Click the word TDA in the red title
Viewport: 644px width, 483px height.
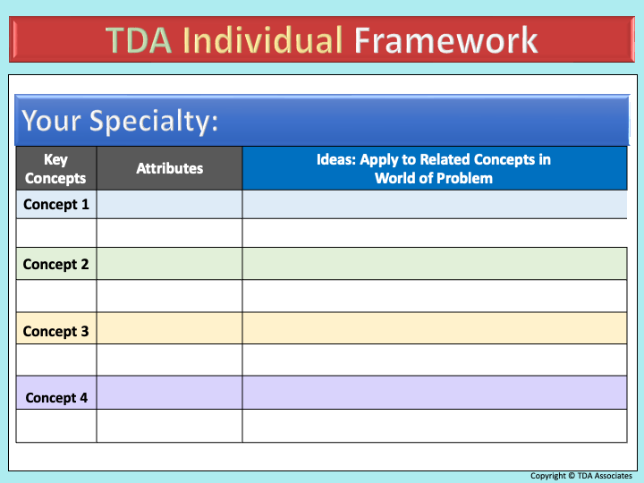pos(139,40)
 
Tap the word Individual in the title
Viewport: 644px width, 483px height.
pos(262,40)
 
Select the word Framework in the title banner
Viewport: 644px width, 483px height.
pos(445,40)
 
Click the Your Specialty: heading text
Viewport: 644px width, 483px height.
pos(120,121)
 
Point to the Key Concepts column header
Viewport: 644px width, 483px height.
pos(55,168)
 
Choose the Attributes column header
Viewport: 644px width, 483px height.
pos(170,168)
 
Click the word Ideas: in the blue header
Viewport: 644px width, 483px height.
pos(336,159)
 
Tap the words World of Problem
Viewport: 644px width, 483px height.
pos(434,178)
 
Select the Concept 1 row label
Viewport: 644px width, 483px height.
pos(56,204)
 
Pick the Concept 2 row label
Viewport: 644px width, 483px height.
pos(55,264)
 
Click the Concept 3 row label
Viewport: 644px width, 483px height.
pos(55,331)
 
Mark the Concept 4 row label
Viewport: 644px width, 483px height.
pos(56,397)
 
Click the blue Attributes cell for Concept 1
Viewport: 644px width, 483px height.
pos(170,204)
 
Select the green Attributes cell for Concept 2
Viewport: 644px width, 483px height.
pos(170,264)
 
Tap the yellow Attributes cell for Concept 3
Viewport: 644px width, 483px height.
pos(170,328)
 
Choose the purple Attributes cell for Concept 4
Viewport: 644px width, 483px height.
pos(170,393)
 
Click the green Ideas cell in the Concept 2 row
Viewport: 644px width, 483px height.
pos(435,264)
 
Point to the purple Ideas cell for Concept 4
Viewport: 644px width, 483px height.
pos(435,393)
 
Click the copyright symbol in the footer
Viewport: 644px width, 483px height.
pos(572,476)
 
